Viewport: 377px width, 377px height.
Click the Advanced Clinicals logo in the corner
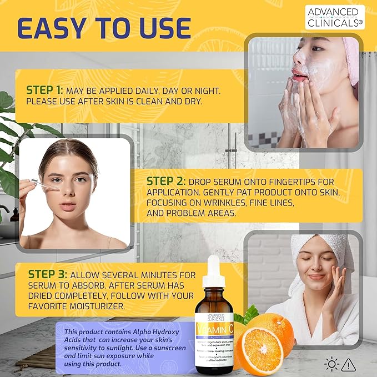pos(334,17)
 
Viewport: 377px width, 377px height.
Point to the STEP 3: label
pos(48,275)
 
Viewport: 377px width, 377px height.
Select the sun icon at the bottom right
pos(331,364)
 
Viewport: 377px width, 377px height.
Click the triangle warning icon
pos(349,364)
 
